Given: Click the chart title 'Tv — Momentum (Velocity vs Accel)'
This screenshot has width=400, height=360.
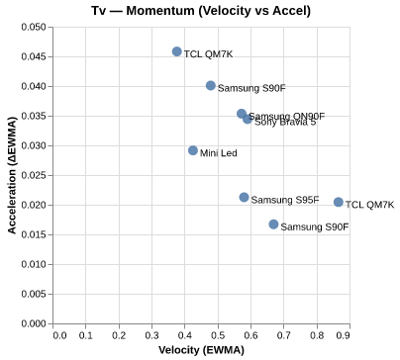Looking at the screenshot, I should tap(200, 10).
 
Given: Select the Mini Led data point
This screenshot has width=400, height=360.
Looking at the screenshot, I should tap(193, 150).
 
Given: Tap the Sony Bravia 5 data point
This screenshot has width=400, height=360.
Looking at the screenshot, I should tap(248, 119).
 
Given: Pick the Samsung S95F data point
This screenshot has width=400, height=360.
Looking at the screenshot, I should tap(245, 198).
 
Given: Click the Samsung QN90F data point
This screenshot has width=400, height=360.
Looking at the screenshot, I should tap(242, 115).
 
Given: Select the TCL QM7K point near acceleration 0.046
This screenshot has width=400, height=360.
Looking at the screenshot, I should tap(177, 51).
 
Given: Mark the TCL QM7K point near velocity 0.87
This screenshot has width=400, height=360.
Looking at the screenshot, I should tap(339, 202).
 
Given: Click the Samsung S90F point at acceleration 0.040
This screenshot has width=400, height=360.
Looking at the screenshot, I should tap(211, 86).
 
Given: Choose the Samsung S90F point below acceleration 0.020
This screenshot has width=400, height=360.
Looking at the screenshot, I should tap(274, 225).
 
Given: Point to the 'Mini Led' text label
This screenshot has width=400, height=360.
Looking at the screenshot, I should tap(219, 153).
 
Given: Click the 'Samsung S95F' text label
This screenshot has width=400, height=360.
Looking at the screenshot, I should tap(285, 201).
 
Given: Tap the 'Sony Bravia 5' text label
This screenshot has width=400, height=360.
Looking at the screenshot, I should tap(285, 123).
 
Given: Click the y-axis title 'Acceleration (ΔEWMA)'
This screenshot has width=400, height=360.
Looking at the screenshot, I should tap(11, 175).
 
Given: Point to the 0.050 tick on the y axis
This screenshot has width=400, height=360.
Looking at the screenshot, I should tap(32, 27).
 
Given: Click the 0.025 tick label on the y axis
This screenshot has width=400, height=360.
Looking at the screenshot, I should tap(32, 175).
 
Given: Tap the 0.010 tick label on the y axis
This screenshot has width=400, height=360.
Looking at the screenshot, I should tap(32, 264).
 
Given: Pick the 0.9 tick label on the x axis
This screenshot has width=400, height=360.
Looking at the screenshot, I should tap(343, 335).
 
